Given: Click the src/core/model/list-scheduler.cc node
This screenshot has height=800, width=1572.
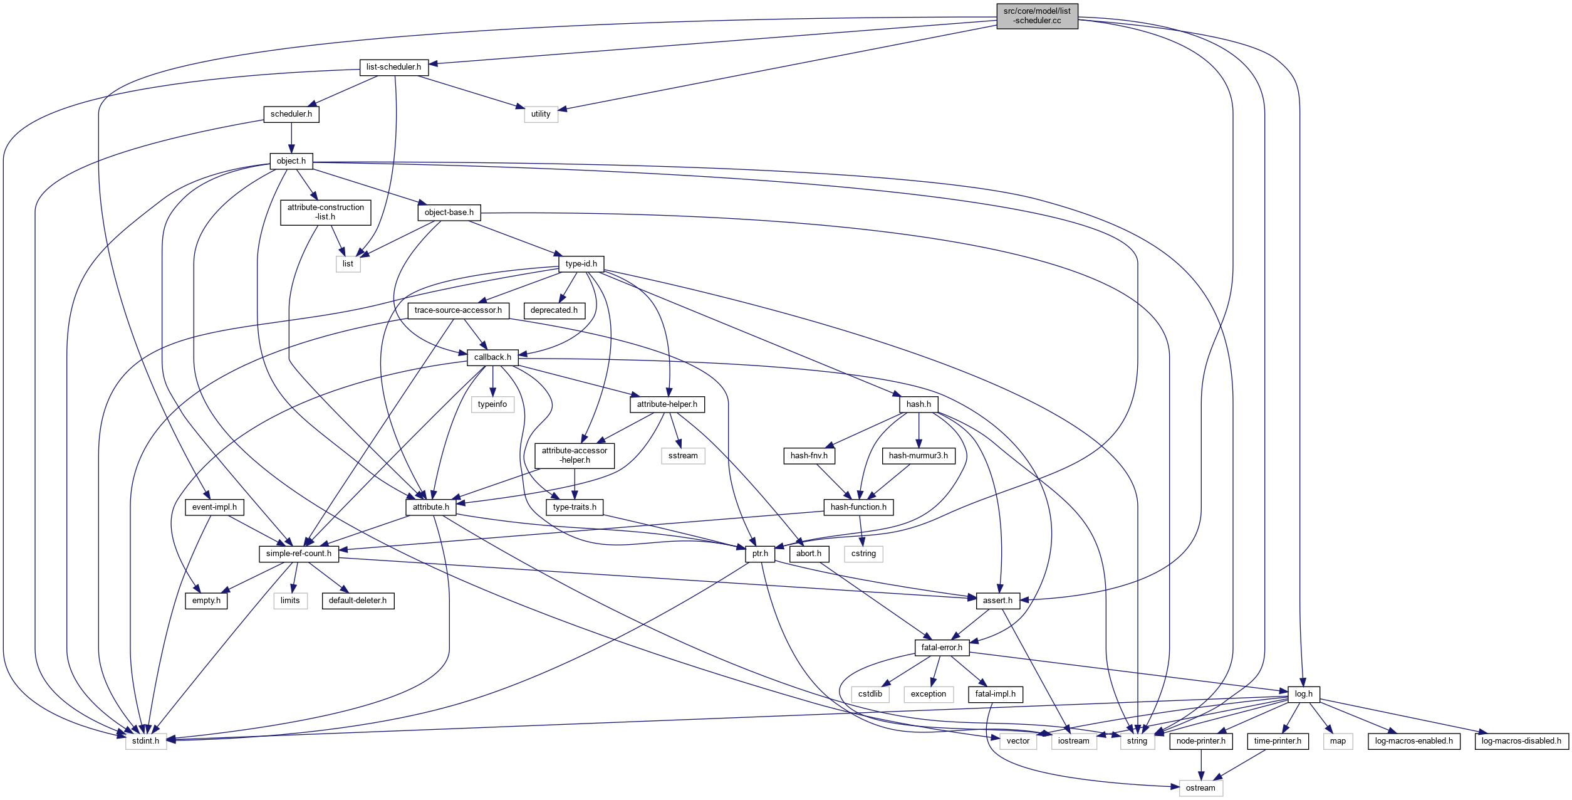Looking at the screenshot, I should point(1037,16).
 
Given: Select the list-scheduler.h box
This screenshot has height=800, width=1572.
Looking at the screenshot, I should point(393,67).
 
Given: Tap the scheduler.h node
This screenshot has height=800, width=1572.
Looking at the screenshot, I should point(291,114).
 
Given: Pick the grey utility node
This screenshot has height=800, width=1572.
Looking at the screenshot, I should point(541,114).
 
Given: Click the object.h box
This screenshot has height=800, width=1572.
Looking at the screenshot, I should point(291,161).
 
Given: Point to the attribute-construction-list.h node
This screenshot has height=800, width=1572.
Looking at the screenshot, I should point(325,212).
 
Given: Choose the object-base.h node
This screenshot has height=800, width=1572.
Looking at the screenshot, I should point(449,213).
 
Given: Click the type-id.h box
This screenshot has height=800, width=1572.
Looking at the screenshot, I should point(581,264).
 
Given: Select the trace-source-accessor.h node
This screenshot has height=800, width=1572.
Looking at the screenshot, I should point(458,310).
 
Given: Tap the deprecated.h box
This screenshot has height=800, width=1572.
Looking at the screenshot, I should point(554,310).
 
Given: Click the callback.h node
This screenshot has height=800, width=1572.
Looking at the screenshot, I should point(492,357).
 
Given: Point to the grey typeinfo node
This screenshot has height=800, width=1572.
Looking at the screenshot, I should point(492,404).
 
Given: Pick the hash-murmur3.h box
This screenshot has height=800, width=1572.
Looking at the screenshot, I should point(918,456).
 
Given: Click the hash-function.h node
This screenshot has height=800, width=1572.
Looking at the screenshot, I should point(858,507).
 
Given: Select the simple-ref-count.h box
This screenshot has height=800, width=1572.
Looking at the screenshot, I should point(298,554).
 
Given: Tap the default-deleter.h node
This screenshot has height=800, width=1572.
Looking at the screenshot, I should point(357,601).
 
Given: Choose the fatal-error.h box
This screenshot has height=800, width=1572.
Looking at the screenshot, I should point(941,648).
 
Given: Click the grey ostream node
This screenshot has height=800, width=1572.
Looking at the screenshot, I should point(1200,788).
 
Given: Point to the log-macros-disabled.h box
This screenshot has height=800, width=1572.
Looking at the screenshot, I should point(1521,741).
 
